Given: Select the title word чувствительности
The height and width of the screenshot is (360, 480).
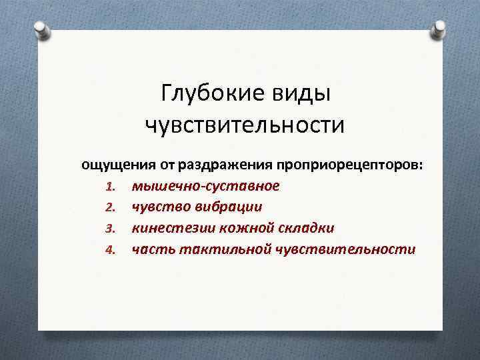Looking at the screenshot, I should click(x=245, y=125).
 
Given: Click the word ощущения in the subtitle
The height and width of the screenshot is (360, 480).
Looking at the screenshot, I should click(x=119, y=163).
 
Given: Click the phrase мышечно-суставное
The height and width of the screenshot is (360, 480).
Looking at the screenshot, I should click(x=205, y=185).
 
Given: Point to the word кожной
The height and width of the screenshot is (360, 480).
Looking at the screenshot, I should click(x=237, y=228).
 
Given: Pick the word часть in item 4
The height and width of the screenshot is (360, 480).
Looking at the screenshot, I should click(x=153, y=249).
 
